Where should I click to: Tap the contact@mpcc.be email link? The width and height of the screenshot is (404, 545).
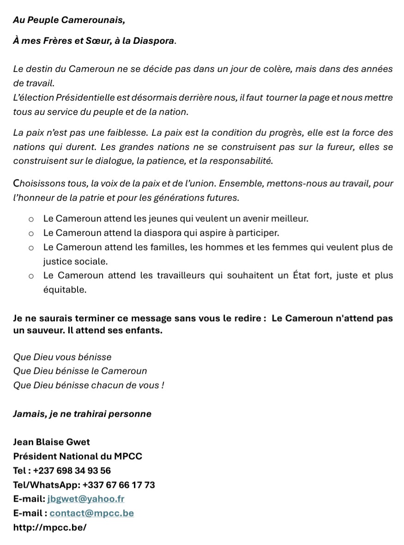click(91, 513)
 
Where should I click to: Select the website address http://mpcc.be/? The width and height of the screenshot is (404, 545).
click(50, 527)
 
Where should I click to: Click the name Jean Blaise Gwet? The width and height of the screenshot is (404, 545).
click(52, 442)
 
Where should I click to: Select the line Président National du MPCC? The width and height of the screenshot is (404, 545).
click(78, 456)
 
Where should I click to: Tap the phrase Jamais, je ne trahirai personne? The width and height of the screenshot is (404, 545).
click(82, 414)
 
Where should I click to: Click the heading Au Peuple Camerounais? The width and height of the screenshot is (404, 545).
click(69, 20)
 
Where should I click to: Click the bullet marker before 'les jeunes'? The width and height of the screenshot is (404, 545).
click(31, 219)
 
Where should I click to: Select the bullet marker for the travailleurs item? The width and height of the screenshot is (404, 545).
click(31, 276)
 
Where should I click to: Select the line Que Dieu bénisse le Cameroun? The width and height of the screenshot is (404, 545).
click(80, 371)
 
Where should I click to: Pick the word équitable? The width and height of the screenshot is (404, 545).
click(65, 290)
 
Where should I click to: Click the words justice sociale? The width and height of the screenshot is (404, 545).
click(75, 262)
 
